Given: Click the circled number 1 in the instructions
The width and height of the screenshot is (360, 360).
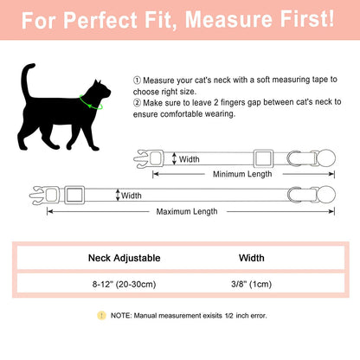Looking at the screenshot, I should click(x=138, y=79).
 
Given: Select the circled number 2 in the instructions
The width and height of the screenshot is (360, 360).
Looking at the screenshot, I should click(x=138, y=104).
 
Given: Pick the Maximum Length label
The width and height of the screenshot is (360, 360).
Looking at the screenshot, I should click(x=186, y=211).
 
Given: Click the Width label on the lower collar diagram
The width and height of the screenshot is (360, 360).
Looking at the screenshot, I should click(x=131, y=196).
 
